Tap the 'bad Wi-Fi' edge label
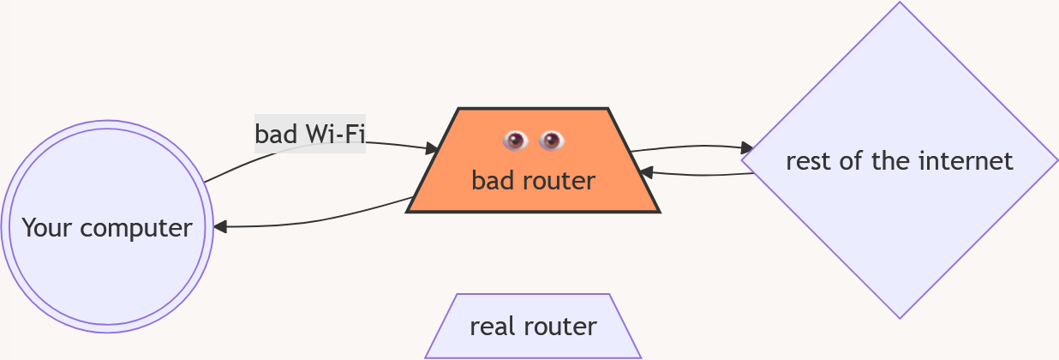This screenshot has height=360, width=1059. pos(310,135)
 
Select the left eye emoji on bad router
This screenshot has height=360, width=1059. pos(515,140)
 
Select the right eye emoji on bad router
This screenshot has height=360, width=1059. pos(551,140)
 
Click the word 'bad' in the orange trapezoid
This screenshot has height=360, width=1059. pos(491,181)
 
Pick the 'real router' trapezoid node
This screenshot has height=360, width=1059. pos(533,327)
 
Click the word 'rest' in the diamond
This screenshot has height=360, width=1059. pos(807,161)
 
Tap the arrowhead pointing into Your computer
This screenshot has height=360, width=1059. pos(219,227)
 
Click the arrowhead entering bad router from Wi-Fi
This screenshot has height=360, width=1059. pos(433,149)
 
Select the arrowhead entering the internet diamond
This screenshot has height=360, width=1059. pos(747,148)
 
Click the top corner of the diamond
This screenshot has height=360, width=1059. pos(900,4)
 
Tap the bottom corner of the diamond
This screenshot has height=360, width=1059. pos(900,317)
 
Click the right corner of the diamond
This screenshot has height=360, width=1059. pos(1056,160)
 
